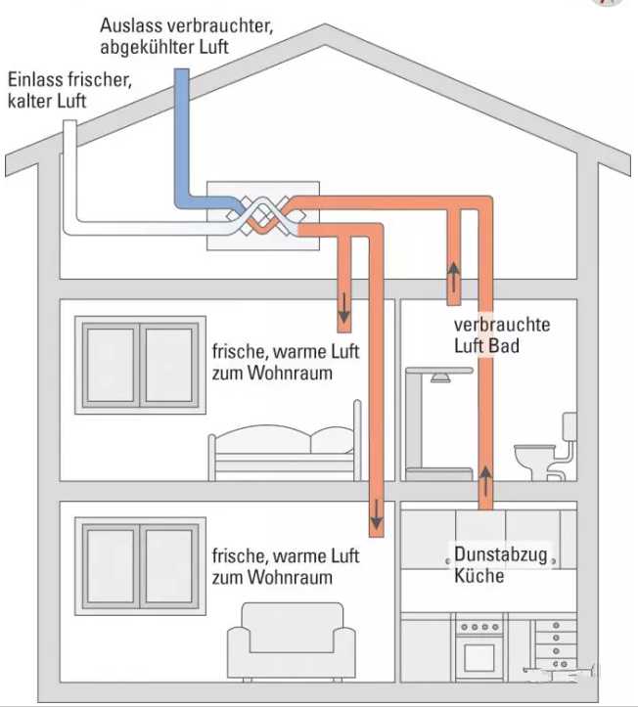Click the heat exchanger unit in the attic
[x=264, y=216]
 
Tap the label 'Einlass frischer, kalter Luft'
[x=68, y=89]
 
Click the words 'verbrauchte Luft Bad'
[x=501, y=335]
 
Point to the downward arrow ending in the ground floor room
[x=375, y=513]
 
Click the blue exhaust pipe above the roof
[x=182, y=108]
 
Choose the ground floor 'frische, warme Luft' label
[x=285, y=567]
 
